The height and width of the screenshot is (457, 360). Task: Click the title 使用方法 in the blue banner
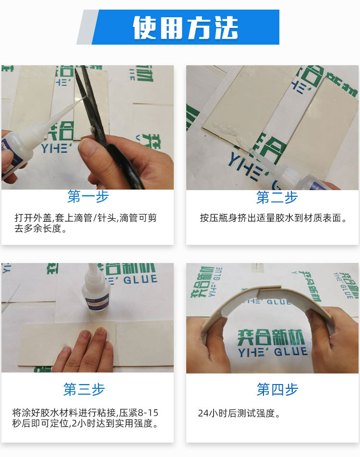point(185,27)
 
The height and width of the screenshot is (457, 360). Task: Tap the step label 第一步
point(88,196)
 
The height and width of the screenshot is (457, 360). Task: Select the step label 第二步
point(277,197)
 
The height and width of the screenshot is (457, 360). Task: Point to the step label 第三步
point(84,389)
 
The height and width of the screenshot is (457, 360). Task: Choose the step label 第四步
point(277,389)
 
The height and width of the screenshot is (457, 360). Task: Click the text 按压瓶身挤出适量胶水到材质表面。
point(274,218)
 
